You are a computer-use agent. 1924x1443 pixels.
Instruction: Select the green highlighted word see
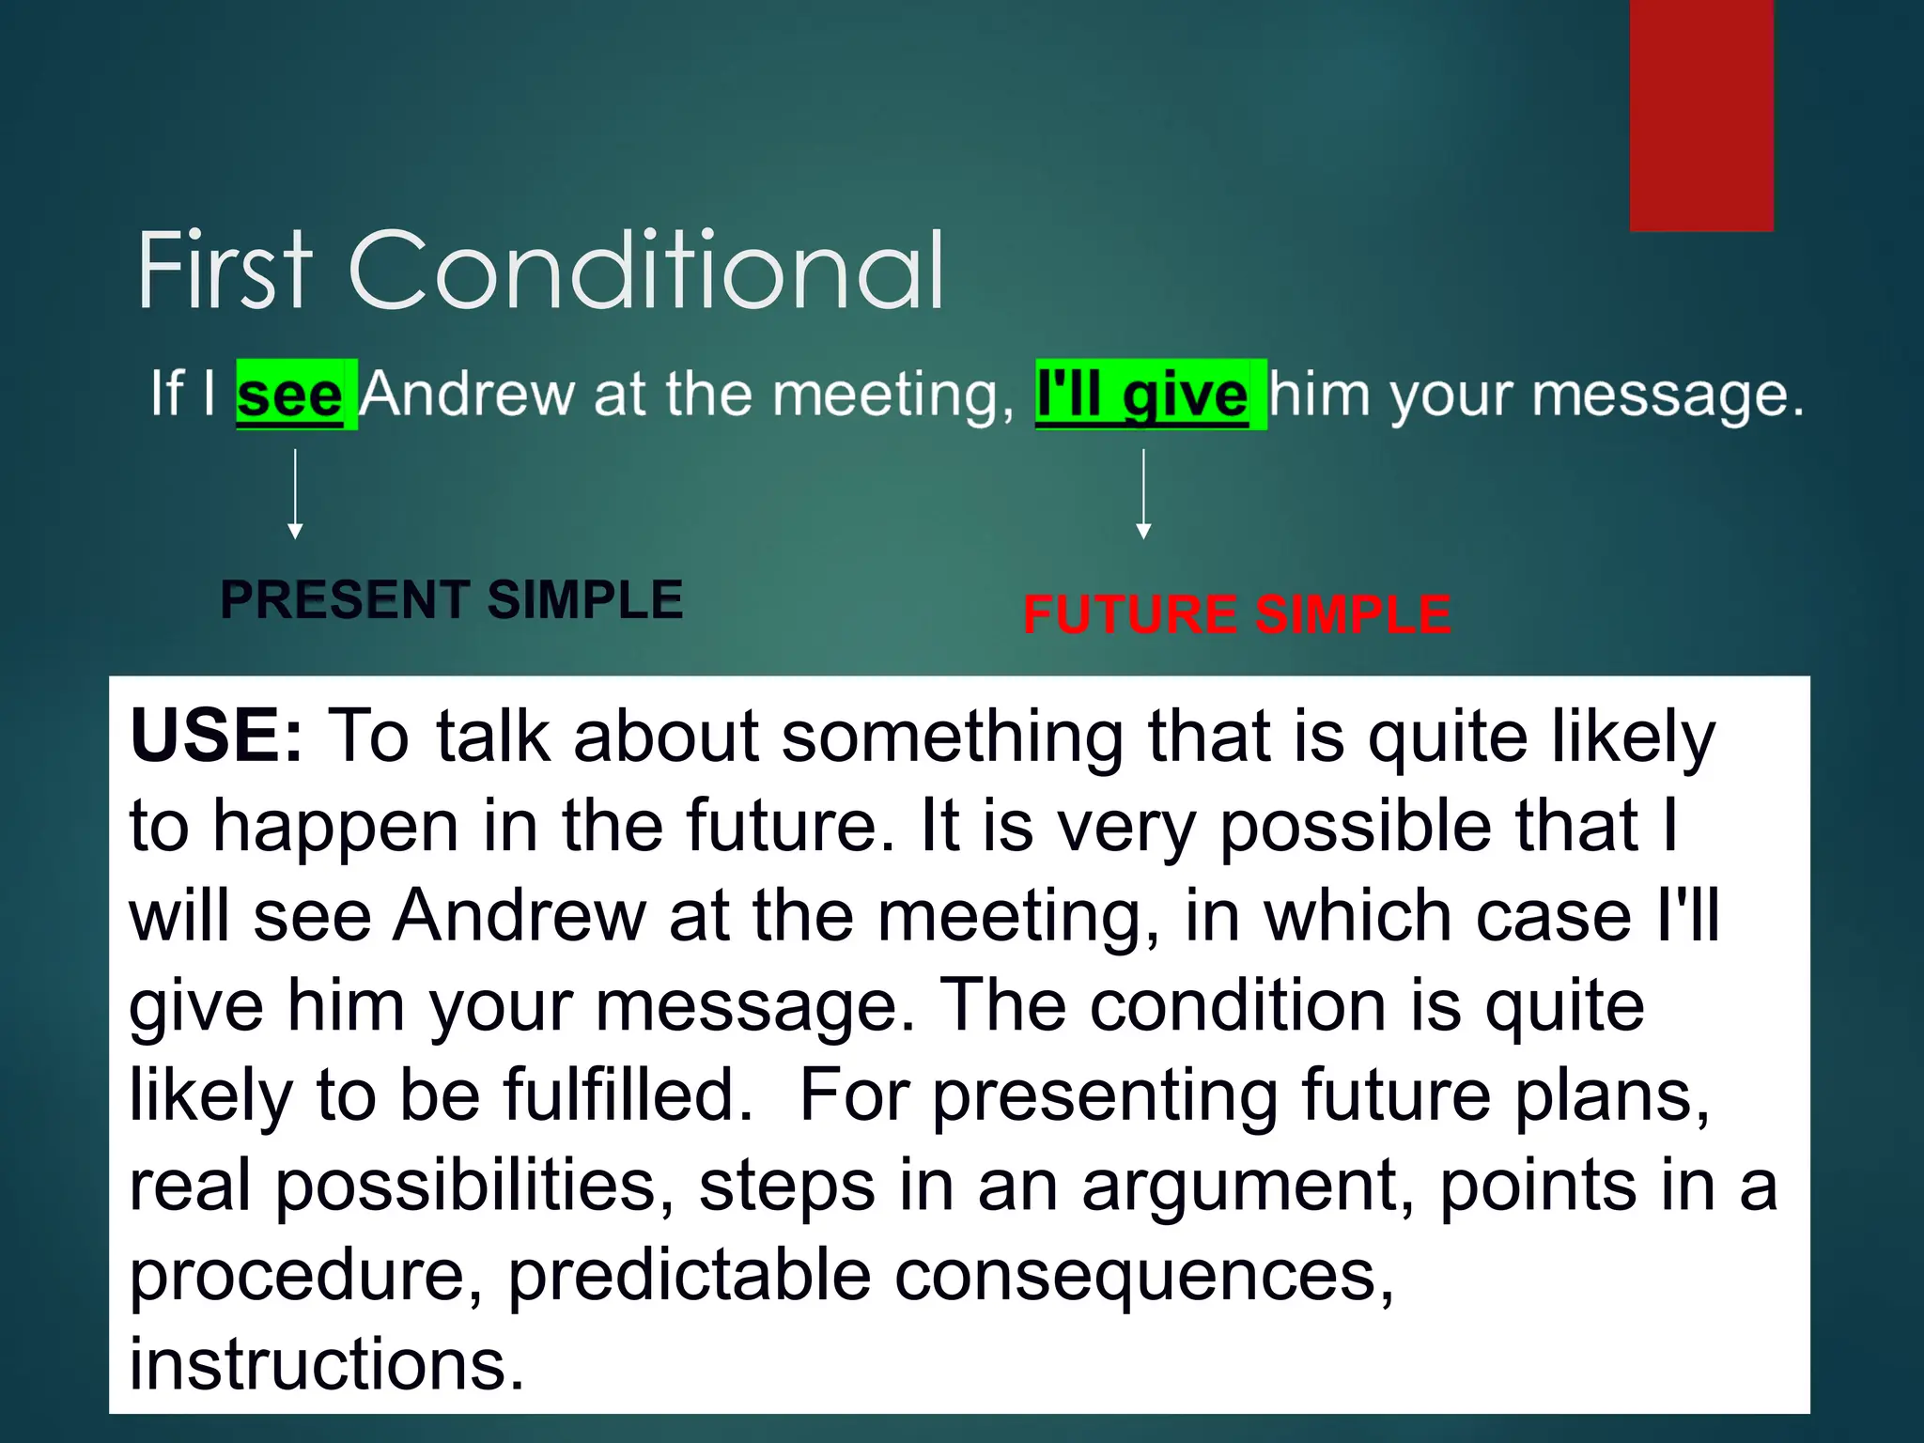pos(290,395)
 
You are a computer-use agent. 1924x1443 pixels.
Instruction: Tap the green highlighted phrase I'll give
pos(1142,395)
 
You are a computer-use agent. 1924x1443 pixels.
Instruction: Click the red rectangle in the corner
pos(1701,115)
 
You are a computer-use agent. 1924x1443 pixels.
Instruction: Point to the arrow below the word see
pos(295,494)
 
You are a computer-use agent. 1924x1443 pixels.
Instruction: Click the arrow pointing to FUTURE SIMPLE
pos(1143,494)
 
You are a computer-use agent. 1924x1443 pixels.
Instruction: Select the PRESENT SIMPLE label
pos(451,599)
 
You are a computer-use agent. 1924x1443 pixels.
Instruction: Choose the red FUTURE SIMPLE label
pos(1237,615)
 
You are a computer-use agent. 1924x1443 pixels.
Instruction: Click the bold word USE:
pos(217,736)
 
